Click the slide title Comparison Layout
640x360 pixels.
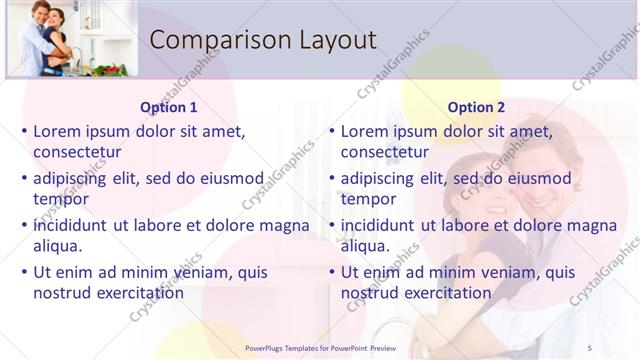(x=262, y=40)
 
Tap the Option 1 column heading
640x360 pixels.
(x=169, y=107)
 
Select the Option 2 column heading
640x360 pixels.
(x=476, y=107)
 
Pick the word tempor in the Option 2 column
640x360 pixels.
(x=368, y=199)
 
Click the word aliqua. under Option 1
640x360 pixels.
(x=58, y=246)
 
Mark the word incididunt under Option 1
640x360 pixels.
(x=71, y=225)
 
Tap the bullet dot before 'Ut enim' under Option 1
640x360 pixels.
(x=24, y=272)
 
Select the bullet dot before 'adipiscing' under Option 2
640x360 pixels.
(x=332, y=178)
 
